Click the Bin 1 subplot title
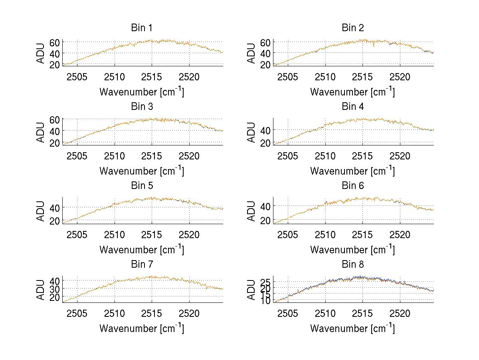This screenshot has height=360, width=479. pyautogui.click(x=142, y=28)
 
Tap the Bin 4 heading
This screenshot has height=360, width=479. pyautogui.click(x=353, y=107)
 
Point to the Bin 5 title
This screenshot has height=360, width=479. pyautogui.click(x=142, y=186)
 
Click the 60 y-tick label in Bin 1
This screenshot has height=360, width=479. pyautogui.click(x=55, y=42)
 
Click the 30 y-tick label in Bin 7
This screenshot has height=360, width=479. pyautogui.click(x=55, y=288)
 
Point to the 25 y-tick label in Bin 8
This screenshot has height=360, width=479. pyautogui.click(x=265, y=283)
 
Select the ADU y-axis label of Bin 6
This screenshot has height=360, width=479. pyautogui.click(x=251, y=211)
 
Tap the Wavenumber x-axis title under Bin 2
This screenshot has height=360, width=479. pyautogui.click(x=352, y=92)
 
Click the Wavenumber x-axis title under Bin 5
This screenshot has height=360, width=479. pyautogui.click(x=142, y=250)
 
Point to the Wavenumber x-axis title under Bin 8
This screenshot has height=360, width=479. pyautogui.click(x=352, y=328)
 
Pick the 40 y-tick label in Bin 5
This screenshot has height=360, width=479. pyautogui.click(x=55, y=207)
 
